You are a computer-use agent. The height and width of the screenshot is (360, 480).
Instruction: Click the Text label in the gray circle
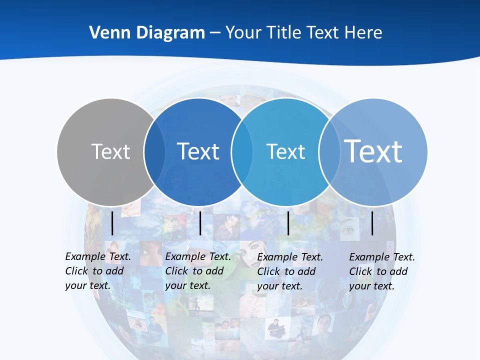[x=110, y=151]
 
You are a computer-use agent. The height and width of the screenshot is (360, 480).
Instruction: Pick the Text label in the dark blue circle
[x=198, y=151]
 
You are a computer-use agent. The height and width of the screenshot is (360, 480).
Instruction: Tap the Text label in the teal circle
[x=285, y=151]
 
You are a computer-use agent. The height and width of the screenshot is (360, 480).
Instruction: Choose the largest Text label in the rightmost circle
[x=373, y=151]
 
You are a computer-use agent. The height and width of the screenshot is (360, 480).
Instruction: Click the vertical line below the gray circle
[x=112, y=223]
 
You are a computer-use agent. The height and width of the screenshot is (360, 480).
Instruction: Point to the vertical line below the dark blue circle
[x=200, y=223]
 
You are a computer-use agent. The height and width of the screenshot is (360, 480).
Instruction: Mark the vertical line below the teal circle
[x=288, y=223]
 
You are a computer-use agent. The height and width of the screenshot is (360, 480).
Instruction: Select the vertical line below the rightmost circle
[x=372, y=223]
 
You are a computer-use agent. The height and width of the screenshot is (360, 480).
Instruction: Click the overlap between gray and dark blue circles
[x=154, y=152]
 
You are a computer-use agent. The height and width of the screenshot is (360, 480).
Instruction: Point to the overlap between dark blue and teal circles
[x=242, y=152]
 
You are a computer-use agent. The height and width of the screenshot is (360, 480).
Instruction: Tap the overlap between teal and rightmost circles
[x=329, y=152]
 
